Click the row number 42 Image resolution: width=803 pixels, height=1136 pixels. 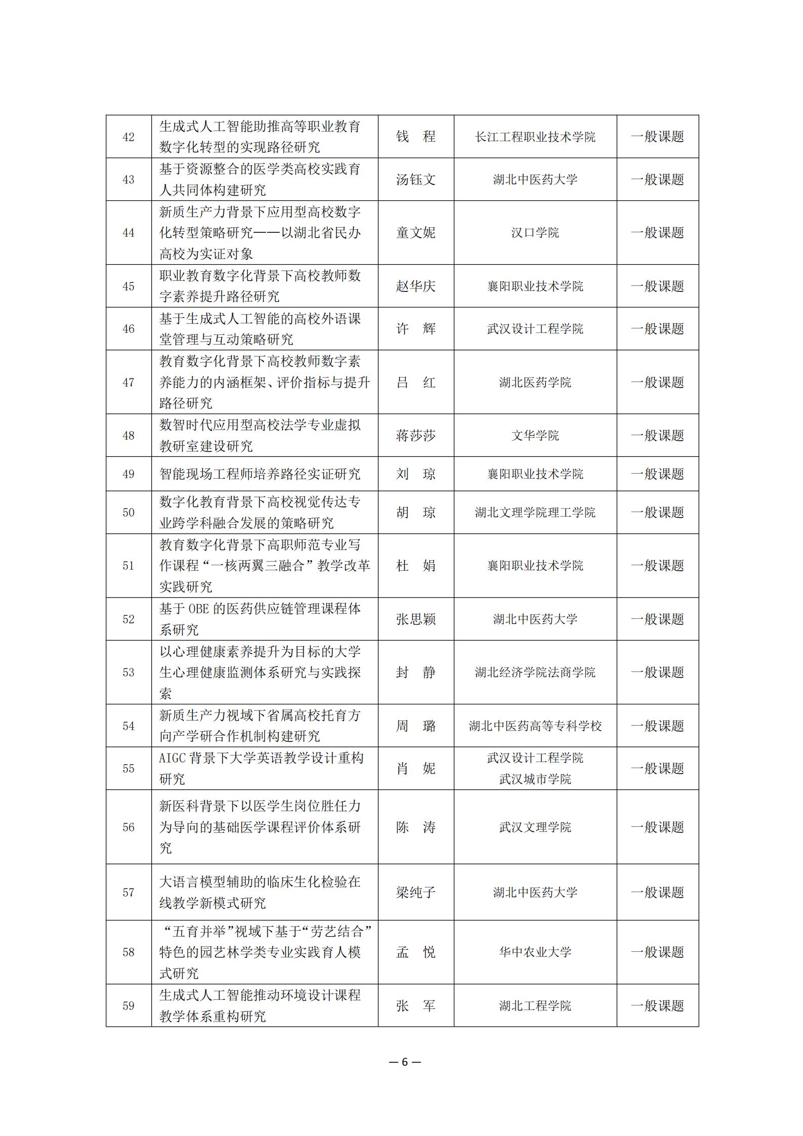(x=129, y=137)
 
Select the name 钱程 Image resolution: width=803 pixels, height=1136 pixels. (x=415, y=137)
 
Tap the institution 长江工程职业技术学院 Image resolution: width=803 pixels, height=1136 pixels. (x=535, y=137)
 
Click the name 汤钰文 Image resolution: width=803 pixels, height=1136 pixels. (x=415, y=180)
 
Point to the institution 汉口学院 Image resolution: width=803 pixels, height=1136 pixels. (x=535, y=233)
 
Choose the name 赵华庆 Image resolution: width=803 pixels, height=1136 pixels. (x=415, y=286)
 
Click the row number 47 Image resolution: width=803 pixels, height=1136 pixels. (x=129, y=383)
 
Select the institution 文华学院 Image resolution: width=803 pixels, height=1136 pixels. (x=535, y=436)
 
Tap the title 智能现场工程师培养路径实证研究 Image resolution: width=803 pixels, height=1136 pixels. (x=260, y=474)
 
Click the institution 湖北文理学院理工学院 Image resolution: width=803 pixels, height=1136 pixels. (x=535, y=513)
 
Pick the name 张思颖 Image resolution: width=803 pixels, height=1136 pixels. (x=415, y=619)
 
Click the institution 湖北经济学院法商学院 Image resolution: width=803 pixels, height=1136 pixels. (x=535, y=672)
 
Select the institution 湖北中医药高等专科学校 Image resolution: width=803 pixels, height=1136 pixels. (x=535, y=726)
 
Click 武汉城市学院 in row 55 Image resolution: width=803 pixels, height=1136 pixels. (x=535, y=779)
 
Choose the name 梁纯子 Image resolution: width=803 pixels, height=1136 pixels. (x=415, y=893)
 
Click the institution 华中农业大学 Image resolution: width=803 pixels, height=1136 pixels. (x=535, y=952)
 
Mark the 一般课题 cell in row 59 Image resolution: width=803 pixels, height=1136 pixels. (x=657, y=1006)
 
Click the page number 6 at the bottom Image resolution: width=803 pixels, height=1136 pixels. (x=404, y=1062)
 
